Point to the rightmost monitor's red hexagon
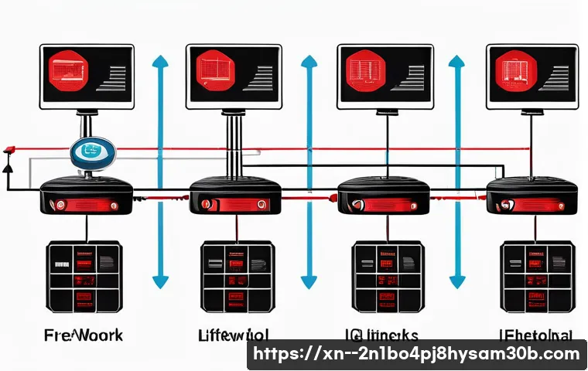(x=514, y=72)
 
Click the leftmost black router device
(x=86, y=197)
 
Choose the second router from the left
(x=234, y=197)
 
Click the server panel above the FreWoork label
(x=84, y=276)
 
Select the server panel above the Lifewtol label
(x=237, y=276)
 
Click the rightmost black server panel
(x=537, y=276)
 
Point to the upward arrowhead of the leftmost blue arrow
(x=161, y=61)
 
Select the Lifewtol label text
(x=234, y=335)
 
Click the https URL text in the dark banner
(x=416, y=355)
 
